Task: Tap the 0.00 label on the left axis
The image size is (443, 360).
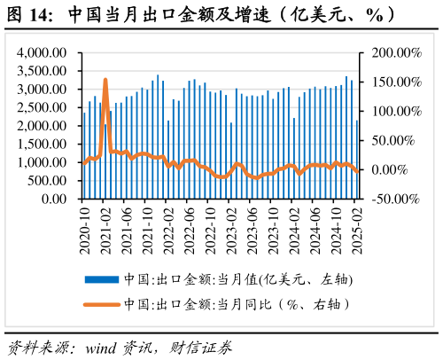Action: click(55, 199)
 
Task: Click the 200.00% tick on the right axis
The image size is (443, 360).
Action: click(394, 53)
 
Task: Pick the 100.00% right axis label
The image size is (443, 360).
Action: click(394, 112)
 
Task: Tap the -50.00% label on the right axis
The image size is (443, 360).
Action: click(394, 199)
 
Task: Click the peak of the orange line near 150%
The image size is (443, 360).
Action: click(105, 80)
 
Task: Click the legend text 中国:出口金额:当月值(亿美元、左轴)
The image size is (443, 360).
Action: click(238, 279)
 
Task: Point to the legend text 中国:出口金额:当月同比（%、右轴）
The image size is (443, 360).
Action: click(238, 304)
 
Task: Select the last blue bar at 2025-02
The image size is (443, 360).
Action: click(357, 160)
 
